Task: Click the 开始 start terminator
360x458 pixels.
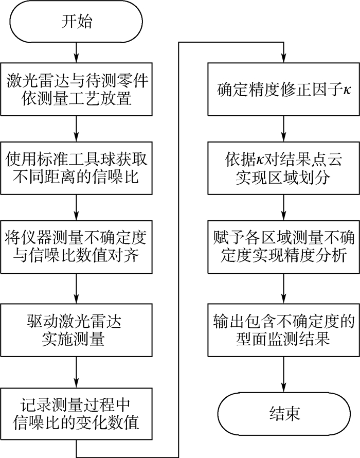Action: (x=77, y=23)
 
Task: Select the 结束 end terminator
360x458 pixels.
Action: (x=284, y=413)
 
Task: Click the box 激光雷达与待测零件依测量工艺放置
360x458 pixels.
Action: (x=77, y=89)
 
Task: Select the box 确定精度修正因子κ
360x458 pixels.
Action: (x=284, y=89)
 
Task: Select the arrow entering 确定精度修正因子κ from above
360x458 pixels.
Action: (x=284, y=51)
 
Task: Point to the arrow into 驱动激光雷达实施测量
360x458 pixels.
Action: (x=77, y=288)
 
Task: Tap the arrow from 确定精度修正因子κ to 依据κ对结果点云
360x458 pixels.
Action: (x=284, y=129)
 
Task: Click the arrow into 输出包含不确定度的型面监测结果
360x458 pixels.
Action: (x=284, y=288)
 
